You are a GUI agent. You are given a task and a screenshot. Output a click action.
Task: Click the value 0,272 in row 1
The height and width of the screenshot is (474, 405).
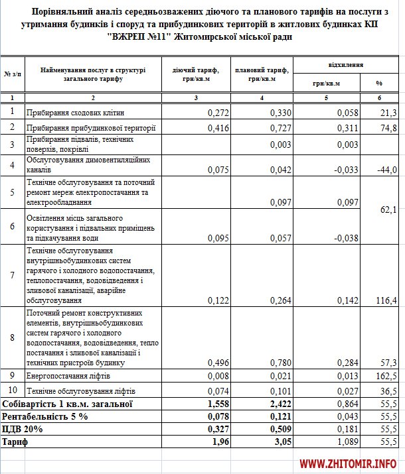(218, 113)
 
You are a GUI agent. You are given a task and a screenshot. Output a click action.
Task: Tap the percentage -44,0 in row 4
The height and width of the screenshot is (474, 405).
(386, 169)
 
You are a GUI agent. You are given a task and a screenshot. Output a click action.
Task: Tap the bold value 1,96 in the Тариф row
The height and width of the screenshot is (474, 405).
(219, 442)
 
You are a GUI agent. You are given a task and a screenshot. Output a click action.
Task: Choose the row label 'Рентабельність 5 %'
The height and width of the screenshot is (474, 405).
(43, 416)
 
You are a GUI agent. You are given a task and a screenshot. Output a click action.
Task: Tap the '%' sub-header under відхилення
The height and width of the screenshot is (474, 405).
(380, 84)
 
